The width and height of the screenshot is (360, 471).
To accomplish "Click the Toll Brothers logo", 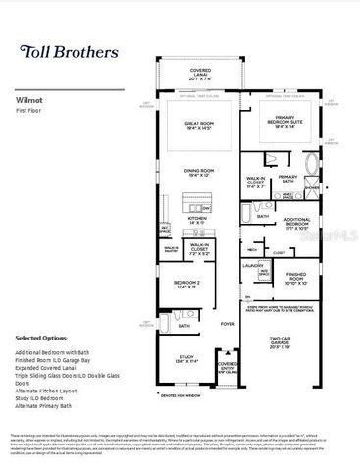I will pyautogui.click(x=66, y=50).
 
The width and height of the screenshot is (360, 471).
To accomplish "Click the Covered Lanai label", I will pyautogui.click(x=200, y=73).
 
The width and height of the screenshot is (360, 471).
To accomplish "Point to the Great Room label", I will pyautogui.click(x=200, y=125).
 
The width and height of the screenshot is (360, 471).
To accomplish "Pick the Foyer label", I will pyautogui.click(x=228, y=323).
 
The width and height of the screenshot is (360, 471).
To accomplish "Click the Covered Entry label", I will pyautogui.click(x=228, y=368).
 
